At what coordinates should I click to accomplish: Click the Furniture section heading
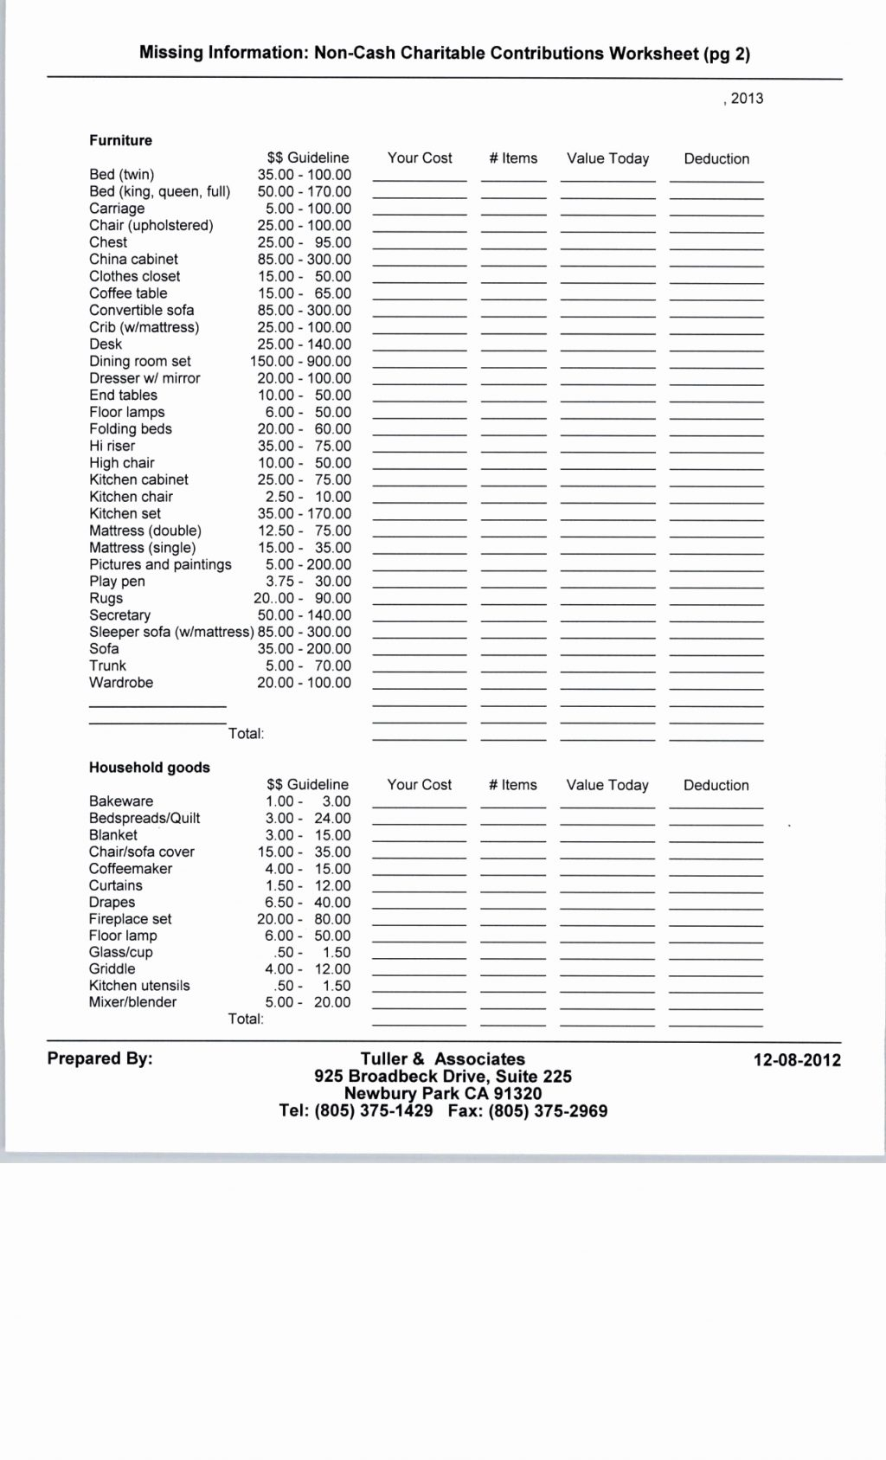(120, 140)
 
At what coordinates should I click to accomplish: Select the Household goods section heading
(149, 768)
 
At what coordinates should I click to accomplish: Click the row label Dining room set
(139, 362)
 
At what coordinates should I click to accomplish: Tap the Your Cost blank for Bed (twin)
(420, 176)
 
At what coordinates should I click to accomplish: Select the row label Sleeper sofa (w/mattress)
(171, 633)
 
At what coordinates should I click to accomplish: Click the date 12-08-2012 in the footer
(797, 1060)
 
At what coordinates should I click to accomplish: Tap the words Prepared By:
(100, 1058)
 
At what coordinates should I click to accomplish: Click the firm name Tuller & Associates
(442, 1059)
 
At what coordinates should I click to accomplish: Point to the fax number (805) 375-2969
(548, 1111)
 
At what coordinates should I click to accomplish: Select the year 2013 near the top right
(746, 99)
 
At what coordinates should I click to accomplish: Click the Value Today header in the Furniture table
(607, 158)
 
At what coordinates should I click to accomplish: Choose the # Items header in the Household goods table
(512, 785)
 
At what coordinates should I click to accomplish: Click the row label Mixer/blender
(132, 1002)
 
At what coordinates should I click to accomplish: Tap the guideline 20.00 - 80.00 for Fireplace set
(304, 919)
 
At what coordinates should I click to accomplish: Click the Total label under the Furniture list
(246, 734)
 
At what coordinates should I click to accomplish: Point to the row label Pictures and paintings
(160, 565)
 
